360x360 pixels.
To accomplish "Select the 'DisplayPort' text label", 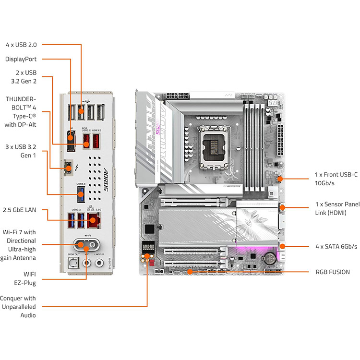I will click(x=21, y=59).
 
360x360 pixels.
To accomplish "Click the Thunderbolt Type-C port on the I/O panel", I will click(x=69, y=167).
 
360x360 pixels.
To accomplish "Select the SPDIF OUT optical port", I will click(x=72, y=262).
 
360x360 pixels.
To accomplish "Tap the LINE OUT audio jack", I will click(x=99, y=263).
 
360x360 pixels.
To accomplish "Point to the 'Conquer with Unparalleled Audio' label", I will click(x=20, y=307).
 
